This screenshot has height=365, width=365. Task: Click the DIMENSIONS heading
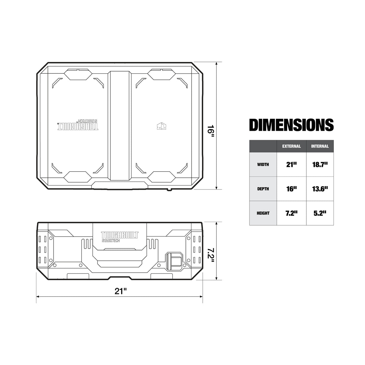[x=291, y=125]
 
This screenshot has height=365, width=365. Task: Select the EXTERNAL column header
[x=291, y=146]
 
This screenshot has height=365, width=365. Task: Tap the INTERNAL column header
[x=320, y=146]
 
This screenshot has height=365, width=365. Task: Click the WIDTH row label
[x=263, y=165]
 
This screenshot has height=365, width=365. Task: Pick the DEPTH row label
[x=263, y=189]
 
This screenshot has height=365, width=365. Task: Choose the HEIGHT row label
[x=263, y=213]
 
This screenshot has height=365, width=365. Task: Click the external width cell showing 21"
[x=291, y=164]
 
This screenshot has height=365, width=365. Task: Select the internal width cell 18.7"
[x=320, y=164]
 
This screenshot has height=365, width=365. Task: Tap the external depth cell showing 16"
[x=291, y=189]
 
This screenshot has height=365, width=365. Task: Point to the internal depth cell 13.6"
[x=320, y=189]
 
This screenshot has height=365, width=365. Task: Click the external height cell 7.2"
[x=291, y=213]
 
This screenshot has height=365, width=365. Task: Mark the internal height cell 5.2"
[x=320, y=213]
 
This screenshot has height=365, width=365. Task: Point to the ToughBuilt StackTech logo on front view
[x=120, y=237]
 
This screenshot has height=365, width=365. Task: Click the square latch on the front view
[x=174, y=260]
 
